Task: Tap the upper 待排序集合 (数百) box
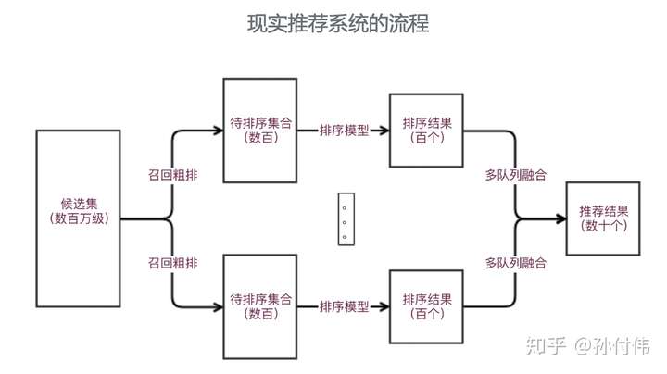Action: [260, 130]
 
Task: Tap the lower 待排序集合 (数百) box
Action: [260, 306]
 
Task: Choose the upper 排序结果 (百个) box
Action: [427, 130]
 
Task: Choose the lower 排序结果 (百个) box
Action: [427, 306]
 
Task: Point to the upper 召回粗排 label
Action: [172, 174]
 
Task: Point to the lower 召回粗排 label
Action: [172, 263]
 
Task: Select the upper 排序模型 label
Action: [344, 131]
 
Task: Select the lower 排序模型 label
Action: [344, 306]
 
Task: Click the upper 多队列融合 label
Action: [515, 174]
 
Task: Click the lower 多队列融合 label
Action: [515, 263]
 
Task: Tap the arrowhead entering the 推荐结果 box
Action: [560, 219]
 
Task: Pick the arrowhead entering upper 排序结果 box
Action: [384, 131]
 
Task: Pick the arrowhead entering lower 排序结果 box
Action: [384, 306]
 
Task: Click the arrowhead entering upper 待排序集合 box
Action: [219, 131]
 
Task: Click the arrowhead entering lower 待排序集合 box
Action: [219, 306]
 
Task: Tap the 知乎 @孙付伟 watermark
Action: [587, 346]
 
